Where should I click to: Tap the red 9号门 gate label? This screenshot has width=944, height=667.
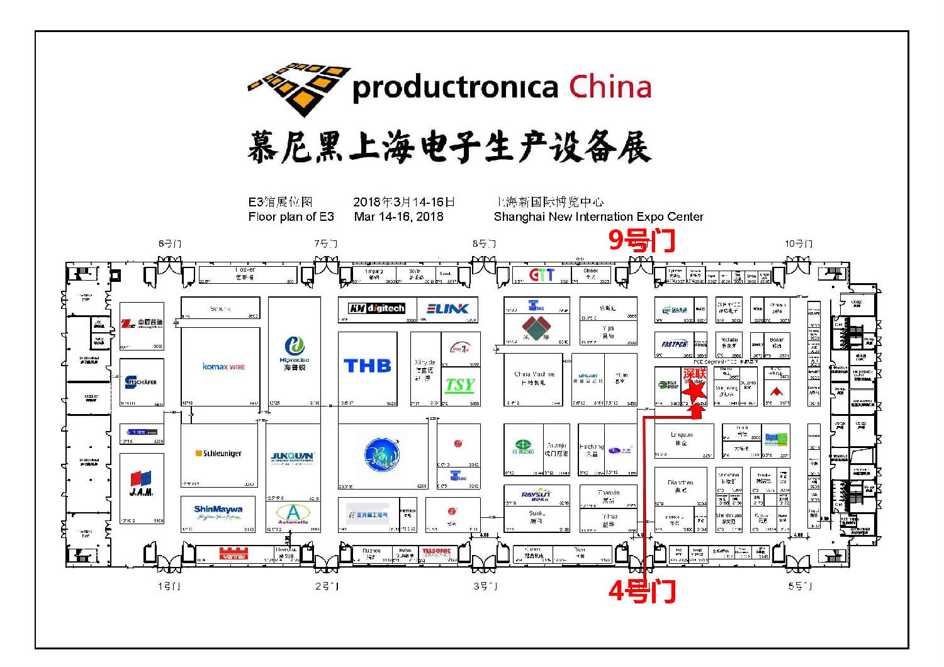coord(641,240)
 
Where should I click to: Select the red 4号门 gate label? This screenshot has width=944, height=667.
coord(642,591)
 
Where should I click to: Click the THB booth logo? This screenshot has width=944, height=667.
coord(368,366)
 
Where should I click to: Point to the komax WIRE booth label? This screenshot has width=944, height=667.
coord(223,366)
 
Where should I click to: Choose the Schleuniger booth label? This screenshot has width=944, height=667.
coord(219,453)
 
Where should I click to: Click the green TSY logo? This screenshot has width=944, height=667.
coord(460,385)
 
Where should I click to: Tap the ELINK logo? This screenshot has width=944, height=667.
coord(447,308)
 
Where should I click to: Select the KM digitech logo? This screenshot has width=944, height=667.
coord(377,308)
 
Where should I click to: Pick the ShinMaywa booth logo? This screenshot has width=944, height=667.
coord(218,510)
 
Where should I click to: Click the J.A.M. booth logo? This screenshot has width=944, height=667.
coord(142,483)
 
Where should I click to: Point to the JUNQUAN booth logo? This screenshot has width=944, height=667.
coord(293,457)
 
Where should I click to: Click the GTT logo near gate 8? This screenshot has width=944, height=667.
coord(541,275)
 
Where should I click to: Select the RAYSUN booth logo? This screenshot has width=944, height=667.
coord(536,495)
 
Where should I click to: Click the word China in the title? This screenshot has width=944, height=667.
coord(610,87)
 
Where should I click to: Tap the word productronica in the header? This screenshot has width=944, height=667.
coord(455,88)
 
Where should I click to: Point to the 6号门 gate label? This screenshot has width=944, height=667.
coord(169,244)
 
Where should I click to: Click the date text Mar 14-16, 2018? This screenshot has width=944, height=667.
coord(398,216)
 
